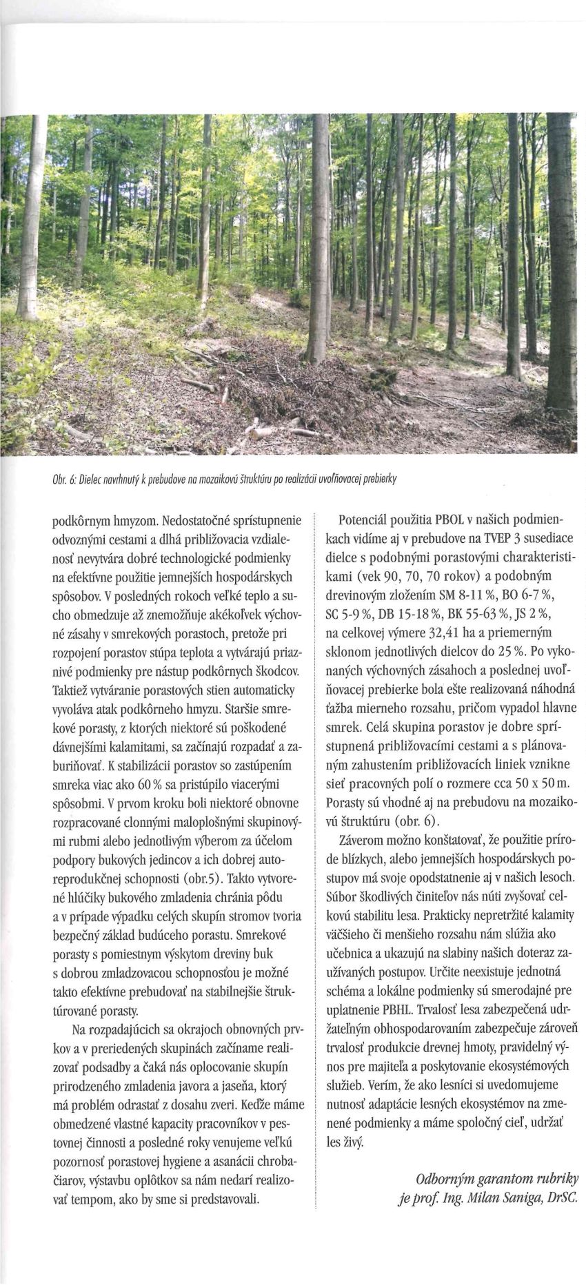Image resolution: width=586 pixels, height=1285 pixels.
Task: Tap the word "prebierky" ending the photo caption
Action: click(x=385, y=478)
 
